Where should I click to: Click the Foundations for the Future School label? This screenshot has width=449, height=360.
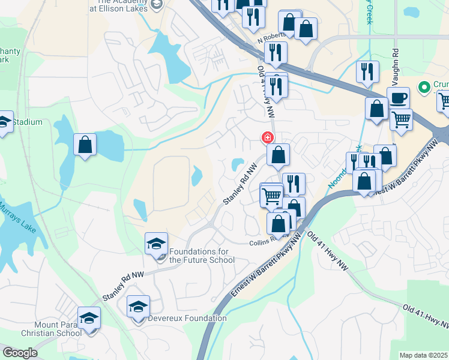[x=202, y=256]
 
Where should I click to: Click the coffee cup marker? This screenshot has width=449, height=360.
[x=397, y=97]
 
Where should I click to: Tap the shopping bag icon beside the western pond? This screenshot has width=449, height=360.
[x=85, y=145]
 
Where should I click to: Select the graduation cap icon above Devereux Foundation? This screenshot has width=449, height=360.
[x=139, y=306]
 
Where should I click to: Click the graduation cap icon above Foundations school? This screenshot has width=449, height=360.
[x=156, y=244]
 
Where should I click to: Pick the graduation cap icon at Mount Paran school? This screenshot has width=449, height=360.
[x=89, y=317]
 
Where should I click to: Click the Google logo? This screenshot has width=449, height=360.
[x=20, y=353]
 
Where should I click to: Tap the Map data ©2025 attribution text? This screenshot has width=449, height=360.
[x=423, y=355]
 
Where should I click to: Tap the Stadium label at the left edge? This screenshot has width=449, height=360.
[x=28, y=122]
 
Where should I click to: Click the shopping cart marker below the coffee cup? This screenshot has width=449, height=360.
[x=401, y=119]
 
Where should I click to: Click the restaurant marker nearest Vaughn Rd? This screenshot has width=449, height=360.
[x=367, y=71]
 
